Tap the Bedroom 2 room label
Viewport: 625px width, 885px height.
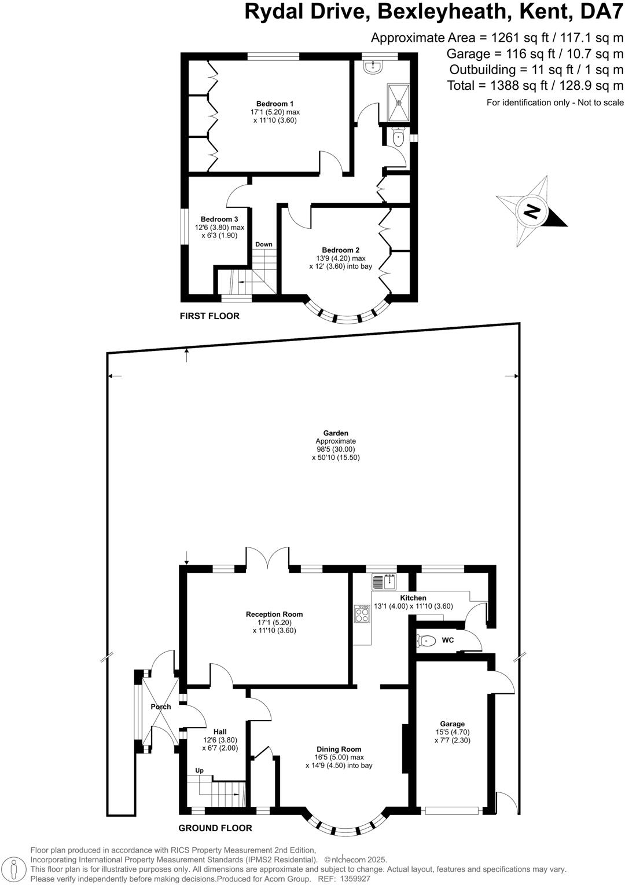(x=341, y=250)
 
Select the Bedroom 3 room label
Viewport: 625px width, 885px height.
(x=219, y=220)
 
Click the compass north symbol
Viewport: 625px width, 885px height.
(x=531, y=211)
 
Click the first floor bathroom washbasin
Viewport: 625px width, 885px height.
(x=373, y=67)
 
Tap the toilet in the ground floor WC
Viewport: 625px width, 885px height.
(x=426, y=641)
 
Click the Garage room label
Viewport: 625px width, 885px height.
(x=452, y=724)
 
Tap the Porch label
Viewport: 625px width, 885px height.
(x=161, y=707)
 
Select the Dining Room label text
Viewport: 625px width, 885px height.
(x=339, y=749)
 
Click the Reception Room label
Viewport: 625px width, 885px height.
(x=274, y=615)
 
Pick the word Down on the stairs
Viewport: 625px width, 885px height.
(x=264, y=244)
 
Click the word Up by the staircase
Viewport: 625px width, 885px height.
(x=199, y=771)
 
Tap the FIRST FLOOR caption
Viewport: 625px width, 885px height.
(x=209, y=316)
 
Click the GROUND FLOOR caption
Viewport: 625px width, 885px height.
(x=215, y=828)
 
